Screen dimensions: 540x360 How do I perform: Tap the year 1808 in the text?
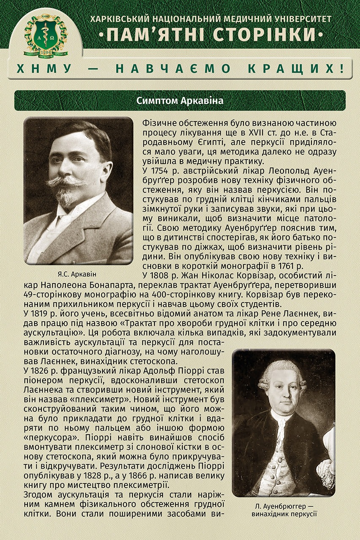click(163, 275)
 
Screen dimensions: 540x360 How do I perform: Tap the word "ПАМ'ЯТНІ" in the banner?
click(155, 33)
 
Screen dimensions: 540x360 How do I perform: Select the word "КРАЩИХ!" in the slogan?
click(311, 69)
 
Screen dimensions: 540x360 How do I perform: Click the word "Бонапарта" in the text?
click(95, 285)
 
